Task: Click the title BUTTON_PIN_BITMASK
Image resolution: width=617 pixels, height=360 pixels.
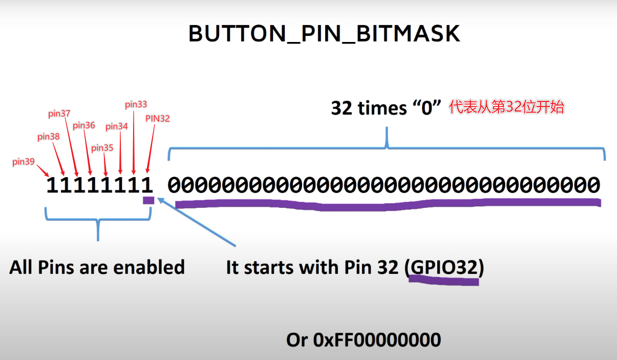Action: (324, 34)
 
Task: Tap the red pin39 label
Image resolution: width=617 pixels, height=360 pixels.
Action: (24, 162)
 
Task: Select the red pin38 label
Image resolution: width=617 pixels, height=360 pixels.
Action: (49, 137)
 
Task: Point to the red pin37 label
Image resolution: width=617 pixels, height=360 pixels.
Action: (59, 114)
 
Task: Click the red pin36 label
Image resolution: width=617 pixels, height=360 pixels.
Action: (84, 125)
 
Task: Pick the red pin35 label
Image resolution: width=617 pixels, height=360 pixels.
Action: (102, 148)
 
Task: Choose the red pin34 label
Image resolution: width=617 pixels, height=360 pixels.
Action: (117, 126)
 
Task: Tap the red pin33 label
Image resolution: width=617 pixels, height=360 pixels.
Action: (136, 104)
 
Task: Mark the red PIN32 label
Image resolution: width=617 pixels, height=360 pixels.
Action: (158, 118)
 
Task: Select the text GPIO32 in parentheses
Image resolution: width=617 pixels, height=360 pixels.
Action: (443, 267)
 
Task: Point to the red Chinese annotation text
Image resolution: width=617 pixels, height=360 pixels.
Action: (506, 108)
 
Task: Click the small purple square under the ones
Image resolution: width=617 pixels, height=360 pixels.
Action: (148, 200)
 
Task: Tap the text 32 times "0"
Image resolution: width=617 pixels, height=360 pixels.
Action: (387, 108)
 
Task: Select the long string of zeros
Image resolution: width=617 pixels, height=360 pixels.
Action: (384, 184)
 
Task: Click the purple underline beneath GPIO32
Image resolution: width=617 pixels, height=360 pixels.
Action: (443, 281)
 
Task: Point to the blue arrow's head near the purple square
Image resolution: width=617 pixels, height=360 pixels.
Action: (160, 200)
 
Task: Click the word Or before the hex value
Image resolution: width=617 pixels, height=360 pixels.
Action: (297, 340)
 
